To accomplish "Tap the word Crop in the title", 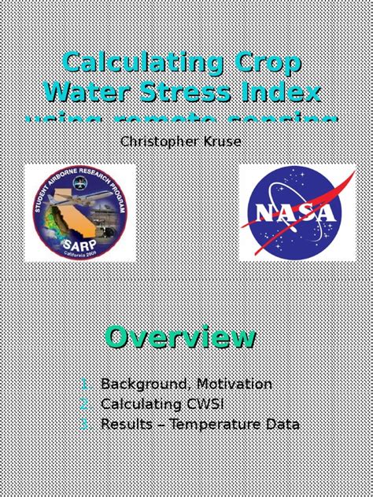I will (x=264, y=63).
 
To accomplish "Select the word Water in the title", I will (x=87, y=92).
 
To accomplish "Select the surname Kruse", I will (x=223, y=142).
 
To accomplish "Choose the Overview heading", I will (x=181, y=337).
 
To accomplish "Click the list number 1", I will (x=84, y=385).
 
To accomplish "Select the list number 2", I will (x=84, y=404).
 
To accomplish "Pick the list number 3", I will (x=84, y=424).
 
